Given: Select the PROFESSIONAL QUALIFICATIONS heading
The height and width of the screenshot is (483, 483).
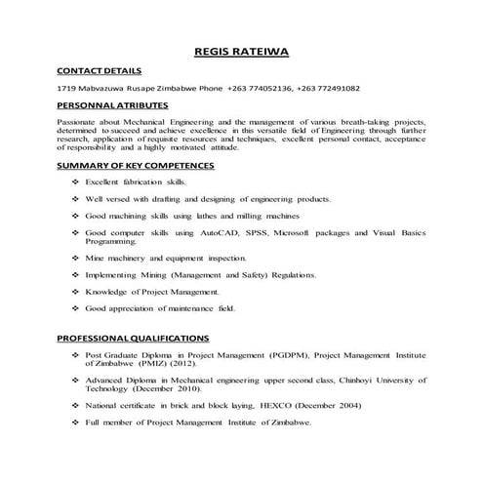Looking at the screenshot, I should pos(134,338).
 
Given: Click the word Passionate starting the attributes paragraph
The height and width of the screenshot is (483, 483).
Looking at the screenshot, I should pos(79,122).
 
